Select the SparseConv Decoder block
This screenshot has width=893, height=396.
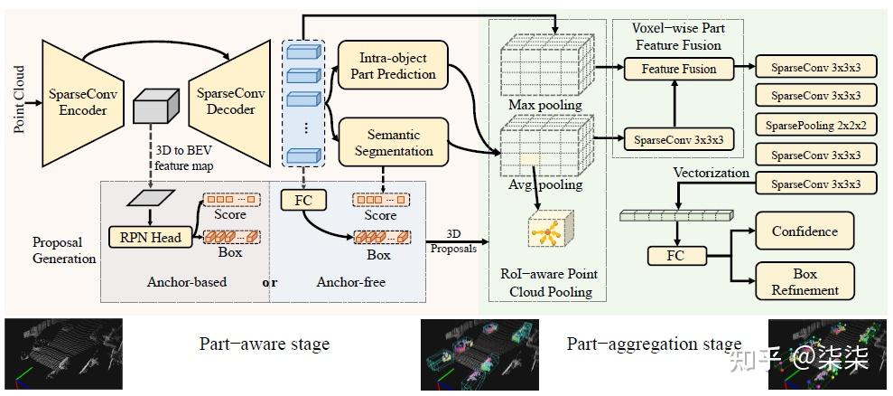(x=225, y=101)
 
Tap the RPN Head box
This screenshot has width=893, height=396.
(x=150, y=238)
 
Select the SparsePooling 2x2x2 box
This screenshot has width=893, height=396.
(x=815, y=125)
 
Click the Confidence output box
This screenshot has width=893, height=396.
(x=805, y=231)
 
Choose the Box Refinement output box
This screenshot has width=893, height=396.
(x=805, y=280)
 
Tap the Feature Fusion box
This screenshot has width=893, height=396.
(x=678, y=69)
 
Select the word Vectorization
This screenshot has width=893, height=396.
(x=711, y=173)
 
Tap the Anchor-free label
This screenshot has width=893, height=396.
(x=350, y=282)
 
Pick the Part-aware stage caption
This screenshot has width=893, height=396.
(x=265, y=344)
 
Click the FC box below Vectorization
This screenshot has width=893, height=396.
(x=675, y=256)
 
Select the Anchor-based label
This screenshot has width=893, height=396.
(x=186, y=282)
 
